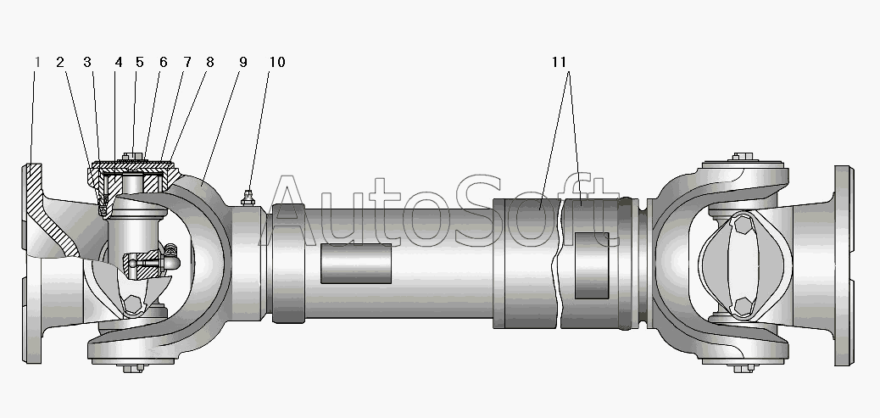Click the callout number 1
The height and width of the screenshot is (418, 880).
coord(37,62)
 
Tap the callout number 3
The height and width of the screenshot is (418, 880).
coord(87,62)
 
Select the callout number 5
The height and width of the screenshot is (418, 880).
coord(140,62)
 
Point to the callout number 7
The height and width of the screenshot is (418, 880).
coord(187,62)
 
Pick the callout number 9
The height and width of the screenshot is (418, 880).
coord(243,62)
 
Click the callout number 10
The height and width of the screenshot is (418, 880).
coord(277,62)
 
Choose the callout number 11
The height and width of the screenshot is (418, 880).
coord(559,62)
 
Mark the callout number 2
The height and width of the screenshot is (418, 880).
coord(60,62)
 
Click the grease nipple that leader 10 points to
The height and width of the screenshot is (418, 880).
coord(248,198)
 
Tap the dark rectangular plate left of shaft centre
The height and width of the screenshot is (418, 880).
coord(356,263)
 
